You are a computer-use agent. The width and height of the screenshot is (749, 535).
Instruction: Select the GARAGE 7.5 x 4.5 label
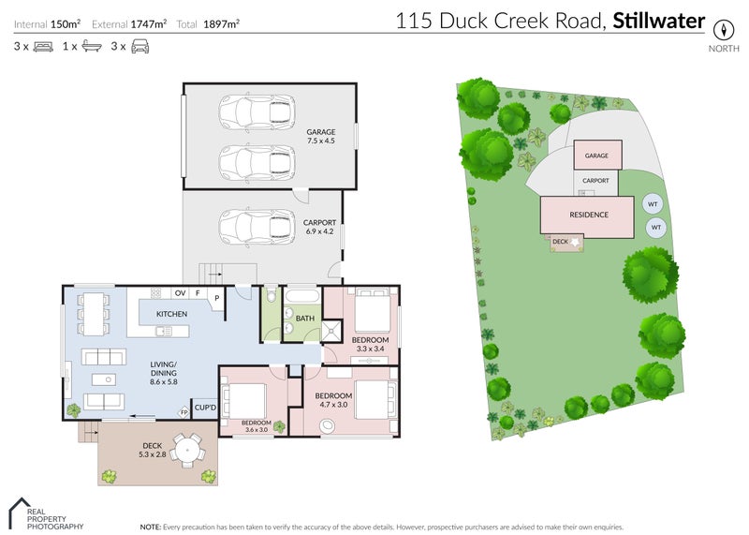[x=320, y=137]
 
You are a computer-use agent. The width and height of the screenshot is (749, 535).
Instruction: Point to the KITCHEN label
[x=171, y=314]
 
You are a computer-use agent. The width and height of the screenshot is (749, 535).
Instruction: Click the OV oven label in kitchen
[x=178, y=293]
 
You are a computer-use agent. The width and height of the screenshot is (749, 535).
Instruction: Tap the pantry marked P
[x=216, y=299]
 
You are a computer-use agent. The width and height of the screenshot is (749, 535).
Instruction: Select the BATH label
[x=304, y=319]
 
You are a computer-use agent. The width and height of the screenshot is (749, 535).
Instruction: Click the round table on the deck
[x=189, y=452]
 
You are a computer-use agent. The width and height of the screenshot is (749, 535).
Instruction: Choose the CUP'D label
[x=205, y=408]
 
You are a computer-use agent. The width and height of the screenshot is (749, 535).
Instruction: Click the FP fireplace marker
[x=184, y=411]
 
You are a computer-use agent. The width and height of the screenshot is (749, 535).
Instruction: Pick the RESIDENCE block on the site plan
[x=589, y=215]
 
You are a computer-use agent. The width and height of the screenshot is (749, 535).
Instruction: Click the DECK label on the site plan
[x=561, y=242]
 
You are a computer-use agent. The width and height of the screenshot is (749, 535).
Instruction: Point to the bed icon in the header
[x=43, y=45]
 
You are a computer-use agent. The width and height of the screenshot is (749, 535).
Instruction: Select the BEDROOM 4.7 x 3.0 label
[x=333, y=401]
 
